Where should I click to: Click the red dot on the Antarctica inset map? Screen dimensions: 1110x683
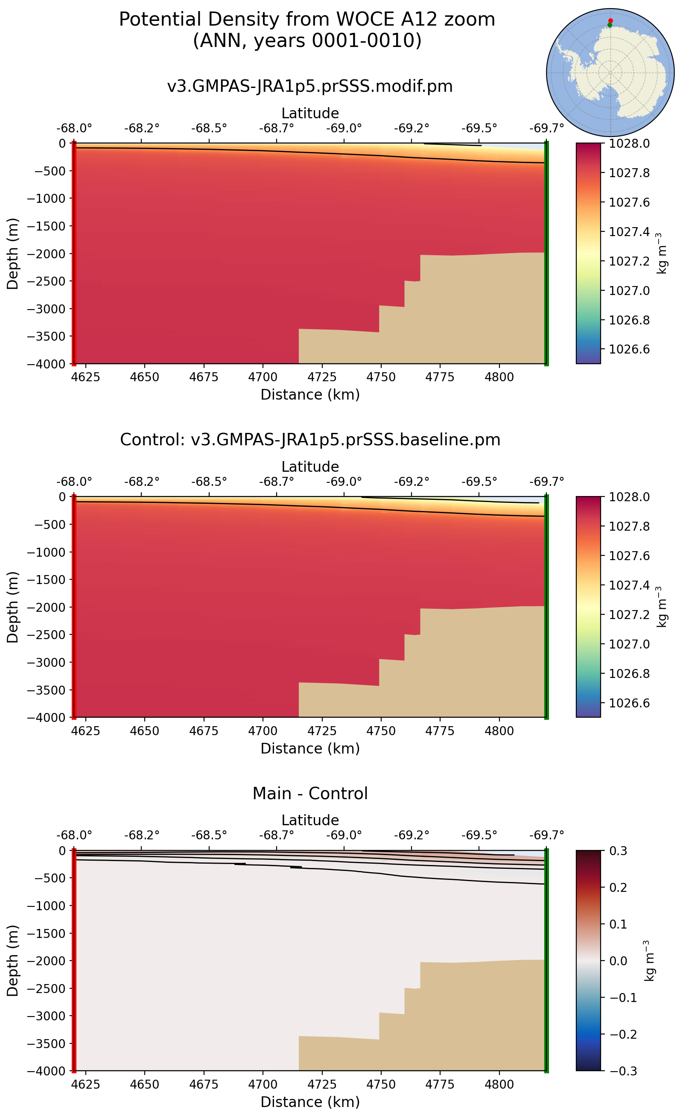(610, 21)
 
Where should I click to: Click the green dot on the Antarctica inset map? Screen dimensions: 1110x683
(610, 25)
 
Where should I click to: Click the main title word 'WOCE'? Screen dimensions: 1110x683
(365, 20)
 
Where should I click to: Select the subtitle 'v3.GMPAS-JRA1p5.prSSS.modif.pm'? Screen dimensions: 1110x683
(310, 86)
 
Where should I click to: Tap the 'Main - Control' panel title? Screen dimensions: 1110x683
(310, 793)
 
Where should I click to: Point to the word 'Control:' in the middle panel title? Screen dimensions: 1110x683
(153, 440)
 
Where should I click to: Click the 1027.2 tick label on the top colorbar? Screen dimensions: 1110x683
(629, 261)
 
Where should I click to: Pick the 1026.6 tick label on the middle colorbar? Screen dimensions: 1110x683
(629, 703)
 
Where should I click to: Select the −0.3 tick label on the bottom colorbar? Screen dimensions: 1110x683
(623, 1071)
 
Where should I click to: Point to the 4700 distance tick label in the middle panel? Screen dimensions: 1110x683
(263, 731)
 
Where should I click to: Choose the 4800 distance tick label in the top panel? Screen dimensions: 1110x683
(499, 377)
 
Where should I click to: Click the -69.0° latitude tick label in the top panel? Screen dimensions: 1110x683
(344, 129)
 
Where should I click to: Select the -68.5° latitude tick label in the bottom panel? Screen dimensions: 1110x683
(209, 835)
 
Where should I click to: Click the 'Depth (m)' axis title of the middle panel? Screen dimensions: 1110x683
(13, 607)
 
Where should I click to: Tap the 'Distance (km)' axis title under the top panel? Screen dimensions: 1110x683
(310, 395)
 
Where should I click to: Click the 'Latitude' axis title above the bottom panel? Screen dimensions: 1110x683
(310, 820)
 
